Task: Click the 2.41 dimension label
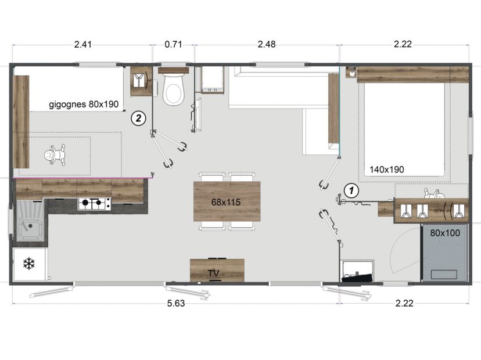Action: click(83, 45)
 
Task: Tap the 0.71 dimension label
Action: click(173, 45)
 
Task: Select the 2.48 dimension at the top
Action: click(267, 45)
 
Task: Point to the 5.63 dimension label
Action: click(176, 303)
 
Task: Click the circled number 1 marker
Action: click(351, 190)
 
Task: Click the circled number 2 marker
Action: click(138, 118)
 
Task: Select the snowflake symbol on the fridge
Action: click(29, 264)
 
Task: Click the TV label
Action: click(214, 273)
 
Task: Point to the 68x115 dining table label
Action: click(226, 203)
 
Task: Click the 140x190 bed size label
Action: click(386, 170)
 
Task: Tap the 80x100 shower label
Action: click(445, 233)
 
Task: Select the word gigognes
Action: click(67, 105)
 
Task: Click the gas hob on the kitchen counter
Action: click(94, 204)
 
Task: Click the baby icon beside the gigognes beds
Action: click(55, 156)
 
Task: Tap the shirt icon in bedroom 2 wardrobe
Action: click(139, 81)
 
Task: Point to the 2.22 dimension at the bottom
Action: click(404, 303)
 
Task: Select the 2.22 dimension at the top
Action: click(403, 45)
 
